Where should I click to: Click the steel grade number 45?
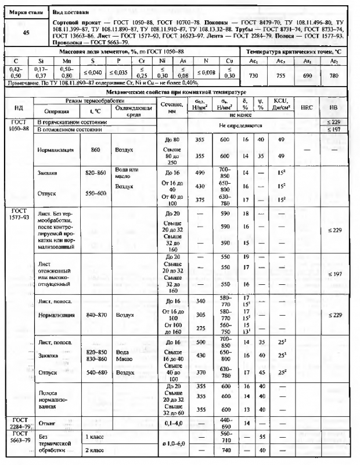(26, 33)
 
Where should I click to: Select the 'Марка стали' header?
(26, 11)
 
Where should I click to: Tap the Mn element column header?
(67, 60)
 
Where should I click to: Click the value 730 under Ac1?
(253, 76)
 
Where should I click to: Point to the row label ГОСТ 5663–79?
(20, 438)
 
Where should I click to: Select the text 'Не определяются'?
(237, 125)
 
